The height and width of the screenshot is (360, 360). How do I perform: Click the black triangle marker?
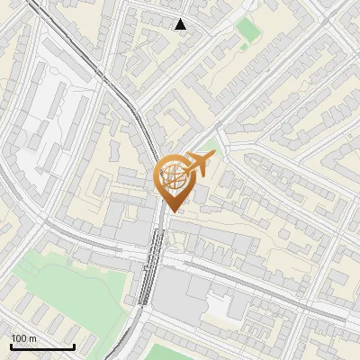[181, 24]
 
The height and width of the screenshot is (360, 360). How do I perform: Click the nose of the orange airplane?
[212, 157]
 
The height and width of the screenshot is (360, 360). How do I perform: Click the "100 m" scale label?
[23, 338]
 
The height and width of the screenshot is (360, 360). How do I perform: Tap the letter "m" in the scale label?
[32, 338]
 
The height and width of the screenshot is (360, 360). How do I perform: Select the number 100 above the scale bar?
[19, 338]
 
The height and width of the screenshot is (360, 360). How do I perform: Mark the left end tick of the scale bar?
[11, 346]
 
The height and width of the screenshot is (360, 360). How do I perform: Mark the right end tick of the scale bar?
[74, 346]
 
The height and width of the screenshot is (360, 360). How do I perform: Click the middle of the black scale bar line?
[42, 346]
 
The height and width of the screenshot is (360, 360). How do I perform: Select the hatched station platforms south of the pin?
[152, 265]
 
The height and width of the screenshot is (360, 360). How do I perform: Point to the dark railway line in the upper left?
[81, 45]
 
